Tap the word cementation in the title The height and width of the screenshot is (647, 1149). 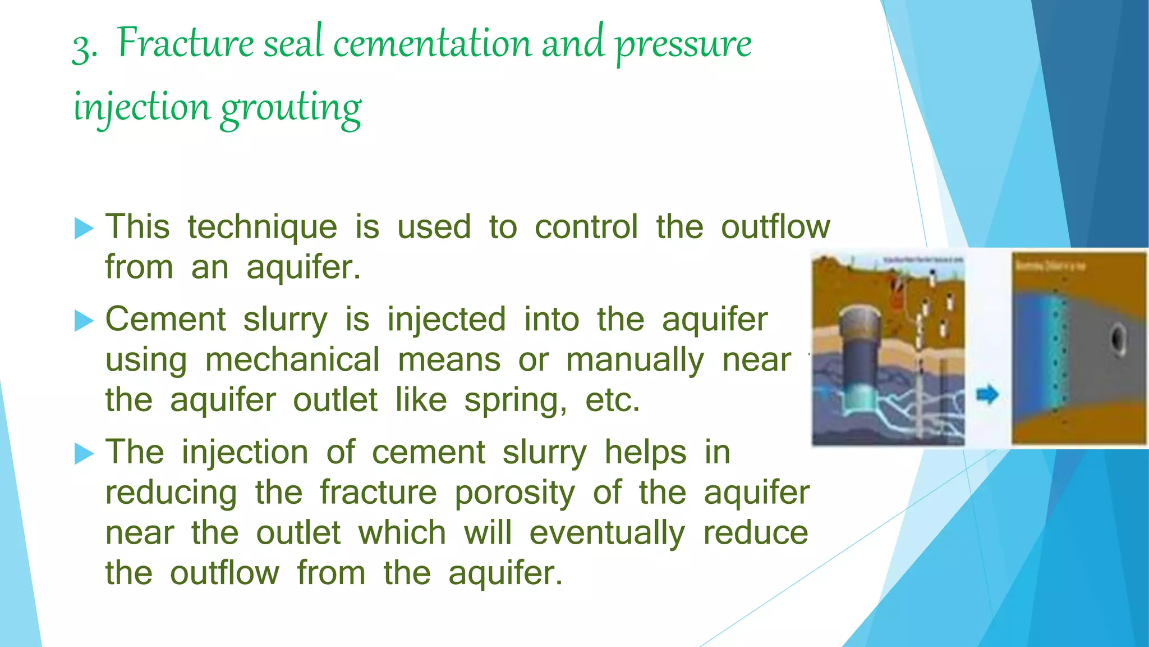click(431, 44)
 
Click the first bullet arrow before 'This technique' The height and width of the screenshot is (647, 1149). click(84, 229)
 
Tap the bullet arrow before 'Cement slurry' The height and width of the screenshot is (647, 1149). click(84, 321)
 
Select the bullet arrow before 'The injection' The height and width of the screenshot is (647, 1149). click(84, 453)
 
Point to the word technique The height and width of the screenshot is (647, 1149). click(262, 228)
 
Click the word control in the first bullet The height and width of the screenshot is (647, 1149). click(586, 227)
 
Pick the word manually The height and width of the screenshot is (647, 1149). click(635, 361)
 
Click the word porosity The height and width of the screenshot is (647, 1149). click(514, 494)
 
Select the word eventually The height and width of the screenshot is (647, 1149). click(607, 534)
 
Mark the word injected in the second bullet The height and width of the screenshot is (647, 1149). click(447, 320)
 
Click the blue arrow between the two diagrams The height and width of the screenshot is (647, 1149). click(987, 394)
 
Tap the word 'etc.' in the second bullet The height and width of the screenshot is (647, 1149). click(612, 400)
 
